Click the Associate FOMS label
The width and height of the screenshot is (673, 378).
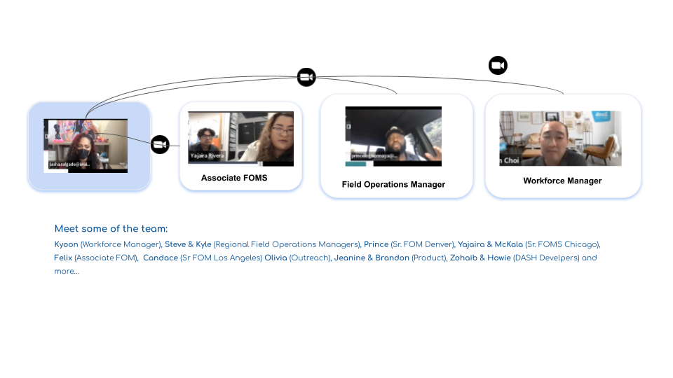tap(234, 178)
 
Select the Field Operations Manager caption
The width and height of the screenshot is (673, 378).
tap(393, 185)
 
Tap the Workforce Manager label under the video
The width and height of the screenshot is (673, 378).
tap(562, 181)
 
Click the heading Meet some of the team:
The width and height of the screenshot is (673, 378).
tap(111, 229)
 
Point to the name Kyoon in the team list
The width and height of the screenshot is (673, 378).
tap(67, 244)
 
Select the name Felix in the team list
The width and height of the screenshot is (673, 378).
tap(63, 258)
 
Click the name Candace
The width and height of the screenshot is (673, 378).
tap(160, 258)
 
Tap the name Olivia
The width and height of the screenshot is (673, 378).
tap(276, 258)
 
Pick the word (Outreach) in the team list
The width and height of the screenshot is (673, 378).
tap(310, 258)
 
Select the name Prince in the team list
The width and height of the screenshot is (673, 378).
tap(376, 244)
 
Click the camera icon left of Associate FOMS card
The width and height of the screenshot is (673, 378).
tap(160, 145)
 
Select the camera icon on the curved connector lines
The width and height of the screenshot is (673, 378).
tap(306, 77)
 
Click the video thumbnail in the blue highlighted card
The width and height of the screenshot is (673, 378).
tap(86, 146)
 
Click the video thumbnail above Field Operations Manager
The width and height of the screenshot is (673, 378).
tap(393, 136)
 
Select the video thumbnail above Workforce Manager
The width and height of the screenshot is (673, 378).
tap(560, 138)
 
